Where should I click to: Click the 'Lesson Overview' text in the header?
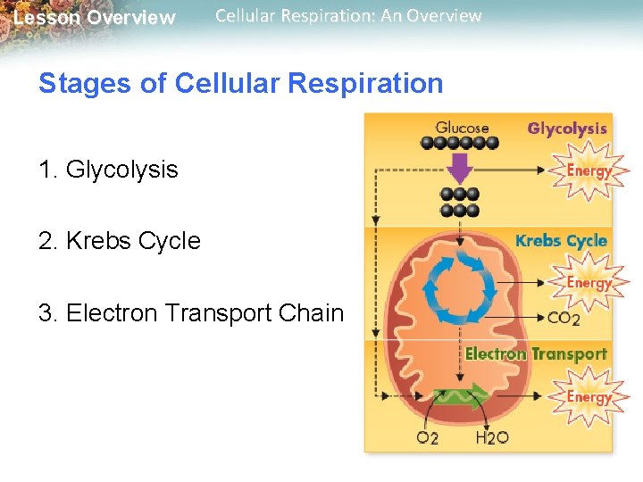(x=94, y=18)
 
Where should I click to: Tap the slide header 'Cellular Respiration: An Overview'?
(x=348, y=16)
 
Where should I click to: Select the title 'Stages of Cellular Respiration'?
(x=240, y=84)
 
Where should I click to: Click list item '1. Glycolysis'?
(x=108, y=170)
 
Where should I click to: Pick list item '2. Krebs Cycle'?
(x=119, y=241)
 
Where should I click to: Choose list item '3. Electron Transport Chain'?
(x=190, y=313)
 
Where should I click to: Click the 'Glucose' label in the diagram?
(x=463, y=128)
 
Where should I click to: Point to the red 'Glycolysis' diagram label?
(x=567, y=129)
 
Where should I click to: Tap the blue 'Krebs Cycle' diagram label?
(x=561, y=241)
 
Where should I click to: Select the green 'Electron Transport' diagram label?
(x=536, y=354)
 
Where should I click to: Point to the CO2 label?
(x=564, y=318)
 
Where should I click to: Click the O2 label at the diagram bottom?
(x=428, y=438)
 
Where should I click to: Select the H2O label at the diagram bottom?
(x=492, y=438)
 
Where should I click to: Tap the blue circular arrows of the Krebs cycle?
(x=458, y=288)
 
